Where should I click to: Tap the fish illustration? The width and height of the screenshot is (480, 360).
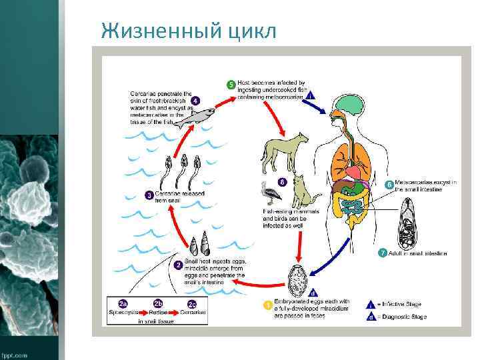click(x=199, y=116)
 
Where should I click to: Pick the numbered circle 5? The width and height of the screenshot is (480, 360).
click(x=231, y=85)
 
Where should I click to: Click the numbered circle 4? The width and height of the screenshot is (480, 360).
click(x=195, y=100)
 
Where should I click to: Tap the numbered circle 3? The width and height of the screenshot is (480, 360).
click(x=149, y=195)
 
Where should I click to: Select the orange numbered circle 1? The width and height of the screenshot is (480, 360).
click(x=268, y=305)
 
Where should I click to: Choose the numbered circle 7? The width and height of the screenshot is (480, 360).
click(x=382, y=253)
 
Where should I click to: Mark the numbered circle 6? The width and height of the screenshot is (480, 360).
click(x=389, y=183)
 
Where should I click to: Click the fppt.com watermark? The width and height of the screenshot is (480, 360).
click(x=15, y=355)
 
